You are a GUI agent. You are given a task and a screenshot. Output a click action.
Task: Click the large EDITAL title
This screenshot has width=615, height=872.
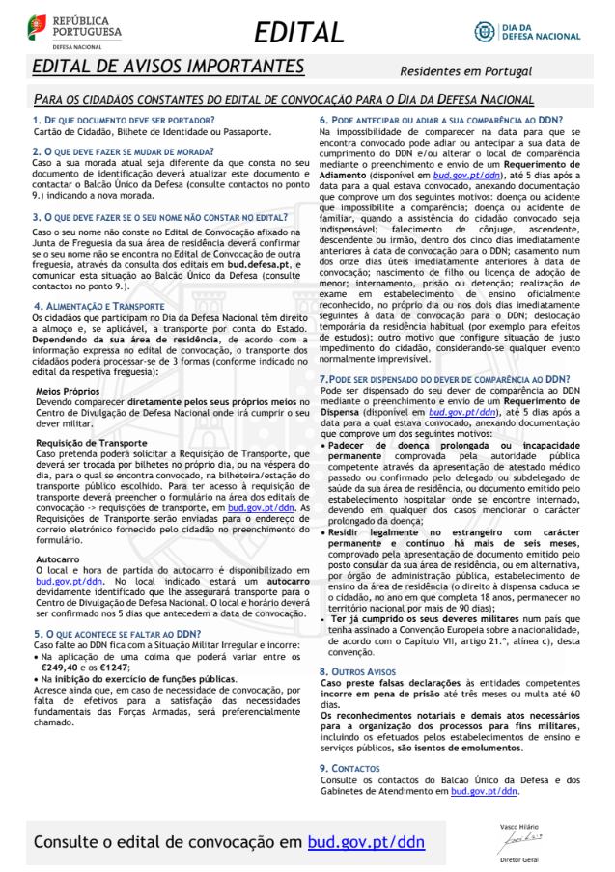tap(299, 33)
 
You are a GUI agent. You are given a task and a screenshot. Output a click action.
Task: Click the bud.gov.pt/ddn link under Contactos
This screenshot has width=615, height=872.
tap(485, 790)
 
